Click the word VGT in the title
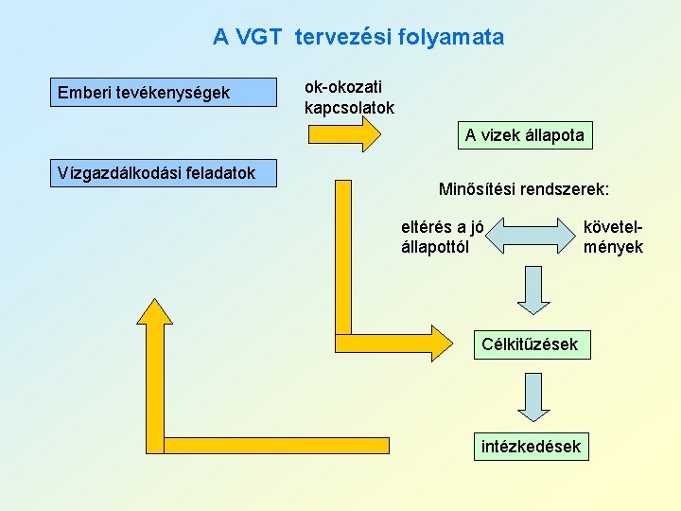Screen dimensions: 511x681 click(259, 38)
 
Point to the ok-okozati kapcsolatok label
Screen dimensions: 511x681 click(349, 97)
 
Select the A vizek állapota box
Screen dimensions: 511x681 click(525, 136)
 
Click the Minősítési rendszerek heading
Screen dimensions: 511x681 click(524, 190)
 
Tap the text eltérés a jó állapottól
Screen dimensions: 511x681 click(443, 237)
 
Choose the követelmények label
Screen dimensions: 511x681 click(613, 237)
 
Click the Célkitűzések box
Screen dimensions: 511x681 click(530, 344)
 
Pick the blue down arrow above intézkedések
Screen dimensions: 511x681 click(533, 396)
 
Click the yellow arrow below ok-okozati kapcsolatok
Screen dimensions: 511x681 click(345, 134)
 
